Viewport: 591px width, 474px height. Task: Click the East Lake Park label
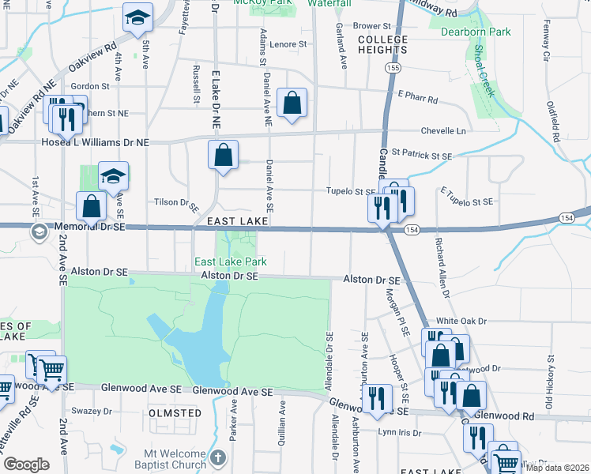coord(231,261)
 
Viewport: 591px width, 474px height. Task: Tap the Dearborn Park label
coord(476,32)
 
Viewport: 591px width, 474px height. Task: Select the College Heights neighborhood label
coord(382,44)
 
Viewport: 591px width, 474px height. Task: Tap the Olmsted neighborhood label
coord(174,413)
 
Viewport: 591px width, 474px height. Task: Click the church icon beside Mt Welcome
coord(220,458)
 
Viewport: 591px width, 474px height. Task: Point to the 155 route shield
coord(393,70)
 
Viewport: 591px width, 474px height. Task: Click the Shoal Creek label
coord(484,70)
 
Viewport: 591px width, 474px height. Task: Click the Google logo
coord(26,464)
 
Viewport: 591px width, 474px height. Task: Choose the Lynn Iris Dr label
coord(397,431)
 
